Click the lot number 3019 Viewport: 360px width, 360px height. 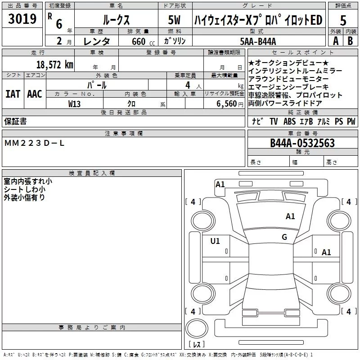(x=22, y=20)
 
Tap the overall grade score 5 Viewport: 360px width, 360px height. (x=343, y=21)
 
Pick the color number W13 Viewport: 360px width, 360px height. (x=75, y=104)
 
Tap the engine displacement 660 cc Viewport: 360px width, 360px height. (x=138, y=42)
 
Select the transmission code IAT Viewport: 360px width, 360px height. (x=13, y=94)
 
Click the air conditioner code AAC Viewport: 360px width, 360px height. (x=35, y=94)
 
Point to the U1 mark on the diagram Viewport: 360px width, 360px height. (x=215, y=241)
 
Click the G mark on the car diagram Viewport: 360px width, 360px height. (x=284, y=237)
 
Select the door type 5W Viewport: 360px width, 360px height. (x=174, y=21)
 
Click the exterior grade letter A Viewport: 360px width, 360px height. (x=335, y=40)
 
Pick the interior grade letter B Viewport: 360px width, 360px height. (x=350, y=40)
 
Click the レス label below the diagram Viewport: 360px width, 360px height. (x=197, y=345)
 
